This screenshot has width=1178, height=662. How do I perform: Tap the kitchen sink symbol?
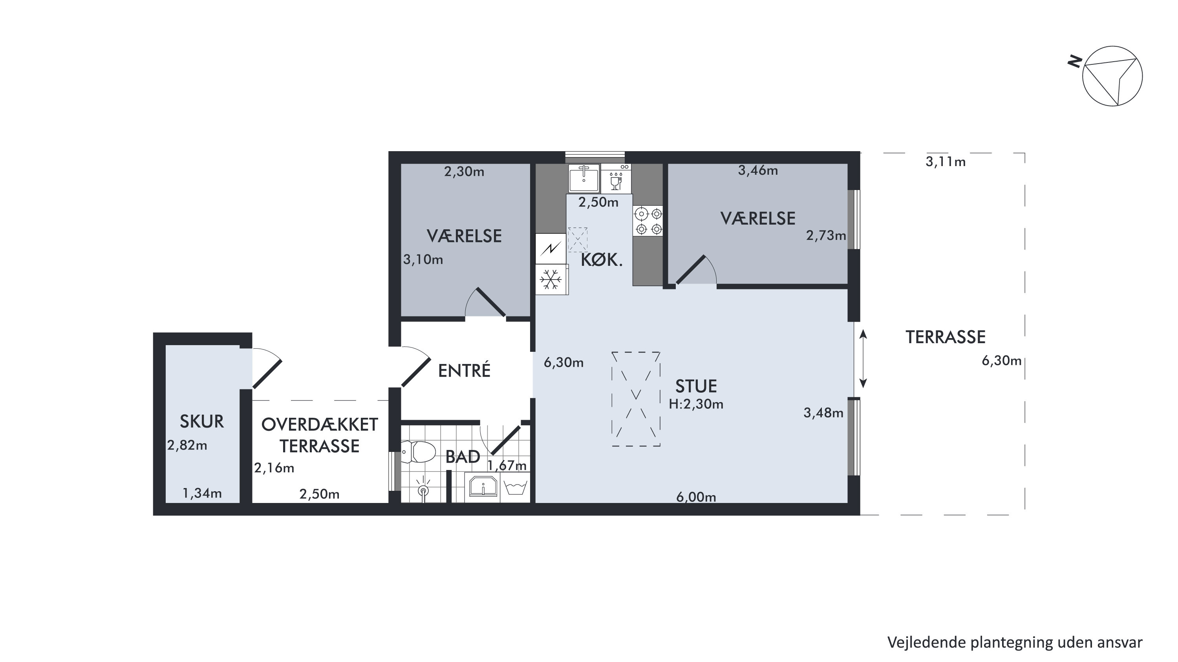(584, 178)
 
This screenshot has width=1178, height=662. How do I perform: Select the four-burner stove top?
(648, 221)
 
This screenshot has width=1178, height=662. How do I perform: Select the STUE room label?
(696, 387)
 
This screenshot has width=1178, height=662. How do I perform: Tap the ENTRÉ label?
(464, 370)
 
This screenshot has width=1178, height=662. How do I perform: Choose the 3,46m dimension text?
(758, 170)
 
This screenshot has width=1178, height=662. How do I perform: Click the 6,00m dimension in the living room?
(696, 497)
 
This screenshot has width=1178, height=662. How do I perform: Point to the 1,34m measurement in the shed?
(202, 493)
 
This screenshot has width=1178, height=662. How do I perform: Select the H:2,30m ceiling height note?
(696, 404)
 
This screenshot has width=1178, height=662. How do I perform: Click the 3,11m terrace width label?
(946, 162)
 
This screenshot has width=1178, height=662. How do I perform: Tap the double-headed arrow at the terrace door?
(863, 359)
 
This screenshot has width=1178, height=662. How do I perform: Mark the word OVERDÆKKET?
(320, 425)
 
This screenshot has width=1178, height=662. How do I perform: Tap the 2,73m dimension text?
(826, 236)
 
